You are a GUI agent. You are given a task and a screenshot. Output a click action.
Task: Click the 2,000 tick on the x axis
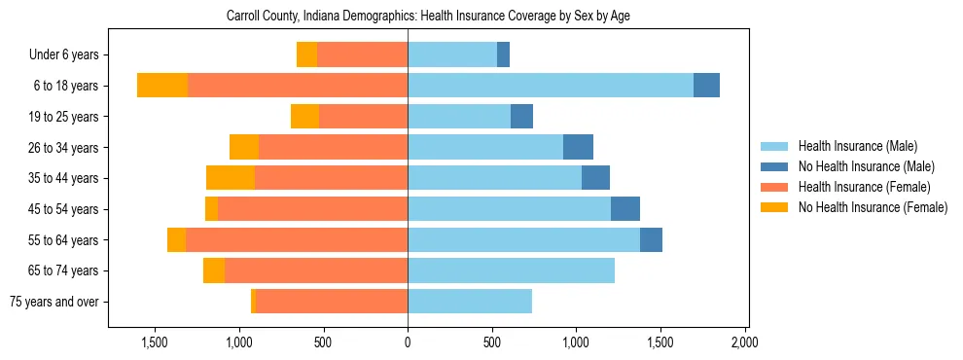coord(744,342)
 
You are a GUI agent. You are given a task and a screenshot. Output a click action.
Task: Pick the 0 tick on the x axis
coord(408,342)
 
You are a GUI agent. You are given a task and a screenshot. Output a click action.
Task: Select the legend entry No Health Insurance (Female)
coord(873,207)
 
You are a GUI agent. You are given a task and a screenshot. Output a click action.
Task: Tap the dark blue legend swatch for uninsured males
coord(774,166)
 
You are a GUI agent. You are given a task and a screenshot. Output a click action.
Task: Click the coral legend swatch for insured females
coord(774,187)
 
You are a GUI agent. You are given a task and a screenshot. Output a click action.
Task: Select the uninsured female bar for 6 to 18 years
coord(162,86)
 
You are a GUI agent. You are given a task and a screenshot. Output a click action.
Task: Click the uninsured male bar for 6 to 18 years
coord(706,86)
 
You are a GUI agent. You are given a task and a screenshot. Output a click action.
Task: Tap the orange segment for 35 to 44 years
coord(231,178)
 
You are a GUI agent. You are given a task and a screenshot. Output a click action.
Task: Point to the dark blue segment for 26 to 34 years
coord(578,147)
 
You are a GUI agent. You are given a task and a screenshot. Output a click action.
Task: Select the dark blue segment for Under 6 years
coord(503,55)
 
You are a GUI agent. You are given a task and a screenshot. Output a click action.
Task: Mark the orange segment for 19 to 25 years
coord(304,117)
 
